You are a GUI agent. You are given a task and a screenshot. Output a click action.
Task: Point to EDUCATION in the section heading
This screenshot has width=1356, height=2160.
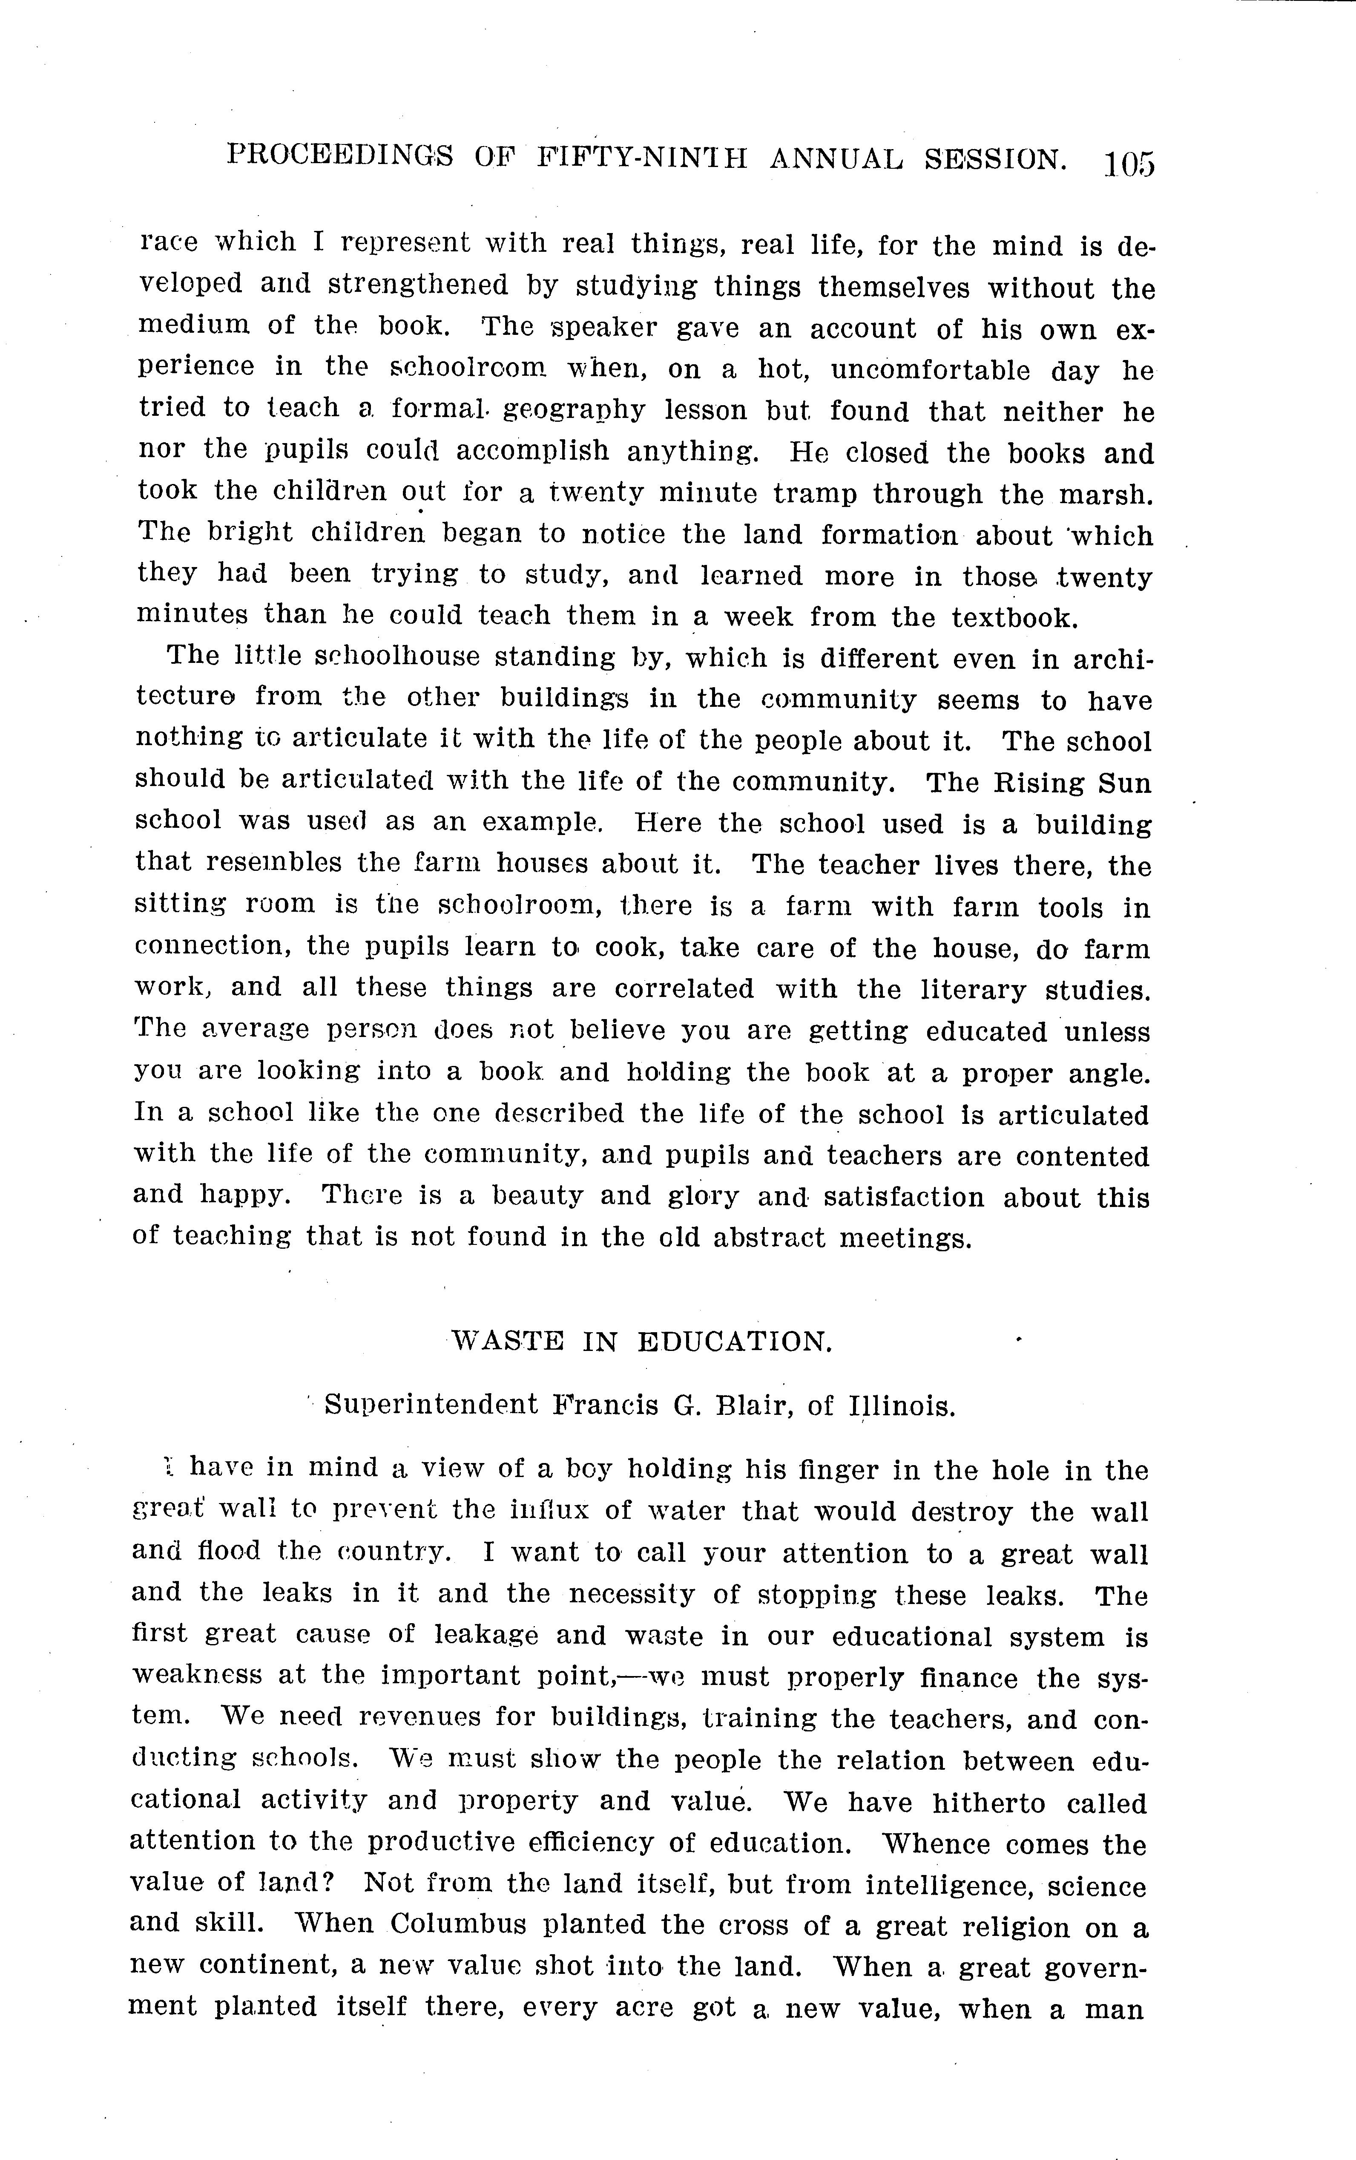(x=735, y=1341)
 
